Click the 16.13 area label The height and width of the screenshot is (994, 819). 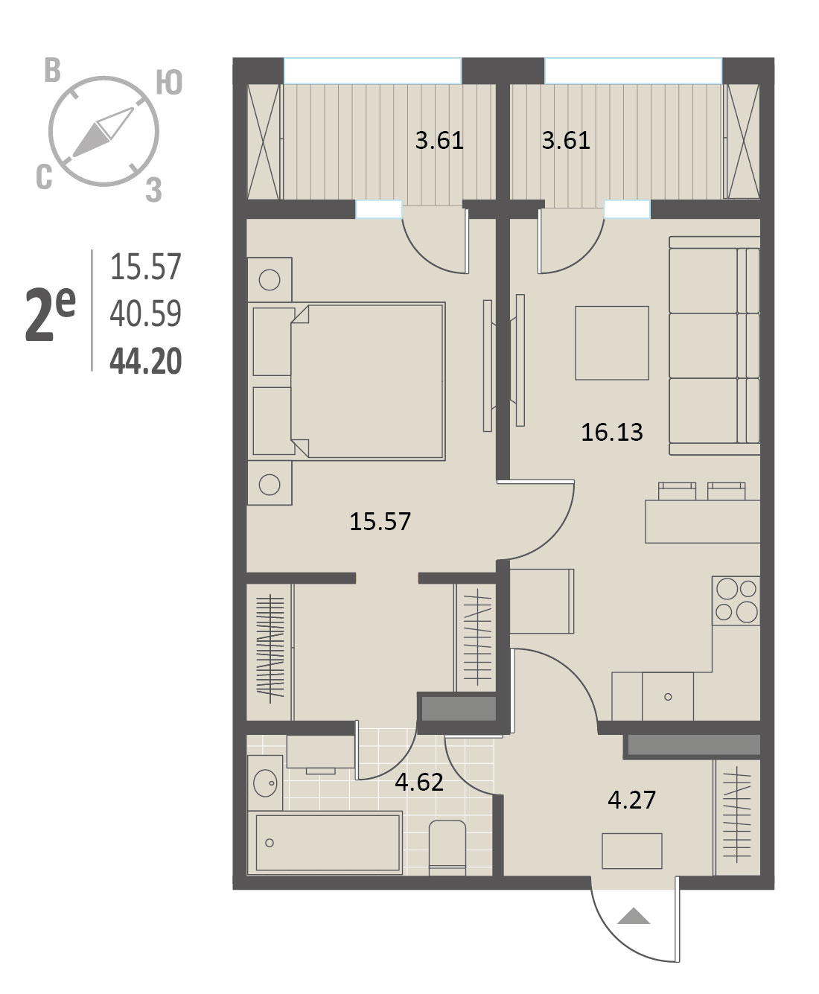click(612, 432)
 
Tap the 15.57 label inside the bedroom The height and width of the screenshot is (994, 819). click(380, 521)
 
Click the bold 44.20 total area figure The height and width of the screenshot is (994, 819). click(146, 361)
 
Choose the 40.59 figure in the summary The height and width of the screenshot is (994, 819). click(146, 313)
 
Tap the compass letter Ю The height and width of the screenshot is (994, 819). click(169, 83)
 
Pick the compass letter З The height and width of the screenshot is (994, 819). click(154, 189)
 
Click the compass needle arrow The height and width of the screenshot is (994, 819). click(103, 132)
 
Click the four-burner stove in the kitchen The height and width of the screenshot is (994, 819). click(736, 601)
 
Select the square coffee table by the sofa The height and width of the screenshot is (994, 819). click(612, 343)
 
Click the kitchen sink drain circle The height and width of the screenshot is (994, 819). click(668, 697)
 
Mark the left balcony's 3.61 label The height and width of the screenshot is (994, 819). click(439, 141)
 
